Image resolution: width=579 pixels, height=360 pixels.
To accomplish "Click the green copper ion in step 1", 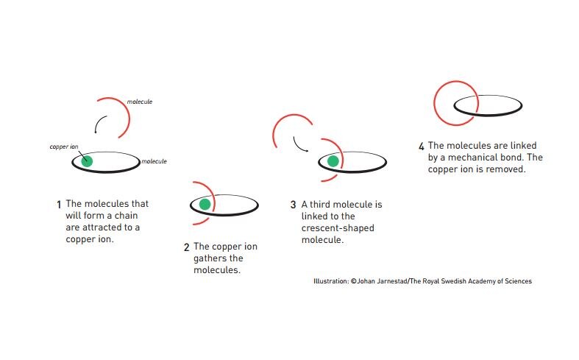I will click(88, 160).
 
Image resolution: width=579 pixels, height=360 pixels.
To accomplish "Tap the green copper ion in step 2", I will click(205, 204).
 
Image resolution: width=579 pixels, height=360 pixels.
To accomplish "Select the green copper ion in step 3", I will click(333, 160).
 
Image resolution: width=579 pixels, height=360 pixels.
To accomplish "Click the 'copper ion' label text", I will click(64, 147).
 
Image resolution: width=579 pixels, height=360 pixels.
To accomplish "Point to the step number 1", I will click(59, 204).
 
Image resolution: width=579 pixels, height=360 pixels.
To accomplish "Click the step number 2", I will click(187, 247).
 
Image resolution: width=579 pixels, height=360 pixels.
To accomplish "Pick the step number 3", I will click(294, 204).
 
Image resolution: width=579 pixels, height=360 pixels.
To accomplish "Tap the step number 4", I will click(421, 146).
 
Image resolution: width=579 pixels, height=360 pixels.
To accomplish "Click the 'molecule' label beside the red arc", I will click(140, 102).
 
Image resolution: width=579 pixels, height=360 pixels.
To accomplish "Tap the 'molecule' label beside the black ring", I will click(154, 161).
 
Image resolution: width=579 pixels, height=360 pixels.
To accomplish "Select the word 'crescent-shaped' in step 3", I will click(338, 228).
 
